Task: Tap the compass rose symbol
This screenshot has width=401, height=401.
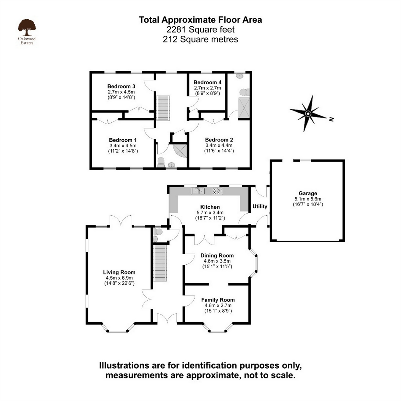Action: coord(308,113)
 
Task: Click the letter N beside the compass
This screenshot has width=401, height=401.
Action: coord(331,119)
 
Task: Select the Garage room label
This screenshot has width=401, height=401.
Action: coord(308,193)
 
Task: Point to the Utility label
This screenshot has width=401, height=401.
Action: coord(260,206)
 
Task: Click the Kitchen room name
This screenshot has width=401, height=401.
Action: coord(210,207)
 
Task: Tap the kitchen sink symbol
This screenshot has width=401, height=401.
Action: coord(198,191)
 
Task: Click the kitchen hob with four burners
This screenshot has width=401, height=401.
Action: coord(217,191)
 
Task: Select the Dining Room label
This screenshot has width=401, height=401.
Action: coord(217,255)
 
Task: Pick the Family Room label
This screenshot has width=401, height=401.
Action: coord(218,300)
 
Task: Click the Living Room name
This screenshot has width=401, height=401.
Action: coord(119,272)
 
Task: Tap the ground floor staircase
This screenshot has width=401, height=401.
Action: coord(160,263)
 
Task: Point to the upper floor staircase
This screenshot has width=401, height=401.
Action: coord(163,108)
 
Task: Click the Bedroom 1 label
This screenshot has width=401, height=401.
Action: coord(123,140)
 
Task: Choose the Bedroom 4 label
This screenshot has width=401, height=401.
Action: coord(207,82)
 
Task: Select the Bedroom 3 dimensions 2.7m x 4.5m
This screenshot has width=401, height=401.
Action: coord(121,92)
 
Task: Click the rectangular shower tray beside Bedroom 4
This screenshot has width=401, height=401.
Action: coord(244,108)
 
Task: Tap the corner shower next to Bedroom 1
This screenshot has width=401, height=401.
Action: coord(181,151)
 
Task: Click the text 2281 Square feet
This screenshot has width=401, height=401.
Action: coord(200,30)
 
